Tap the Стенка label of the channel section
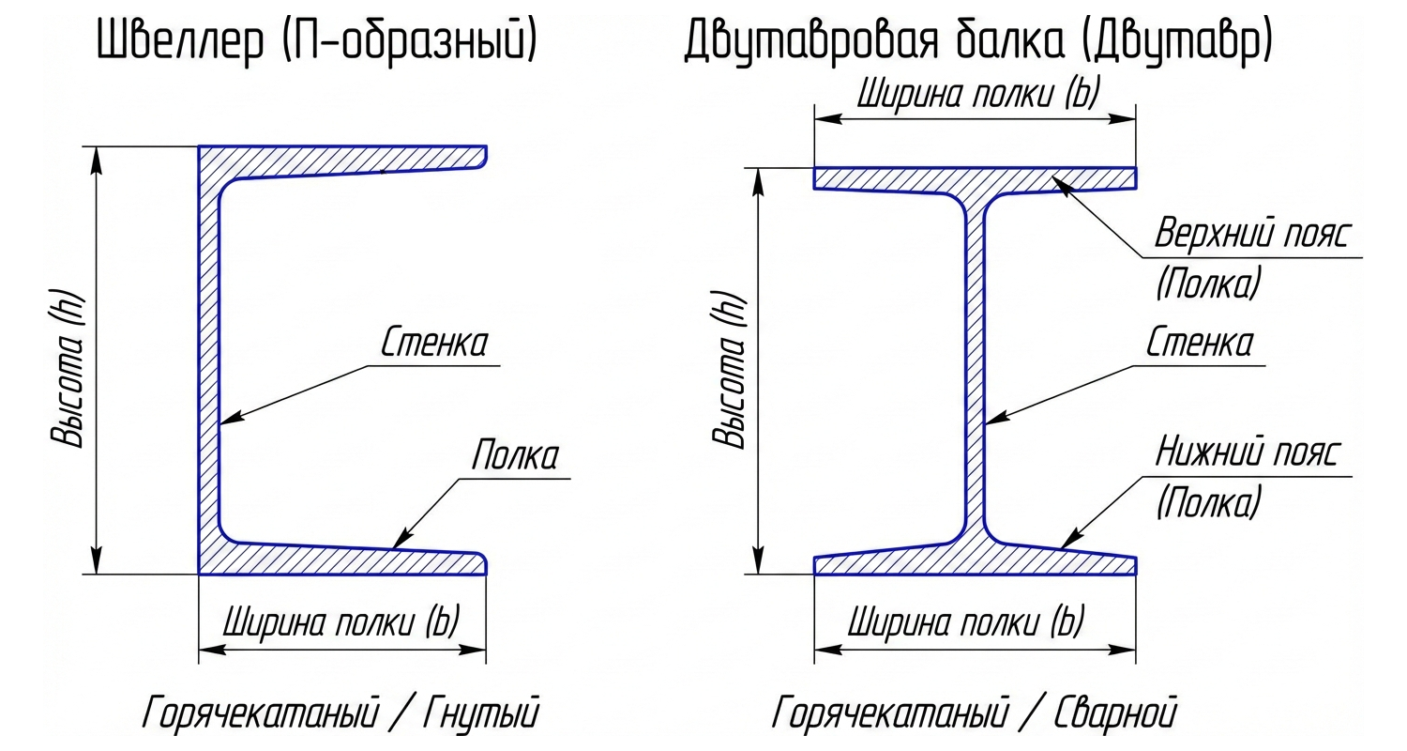tap(433, 344)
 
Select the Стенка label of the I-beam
tap(1199, 344)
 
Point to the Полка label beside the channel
tap(514, 456)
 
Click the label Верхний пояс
tap(1250, 235)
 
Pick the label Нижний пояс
tap(1248, 453)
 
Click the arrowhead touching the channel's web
tap(230, 420)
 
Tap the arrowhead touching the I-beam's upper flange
tap(1064, 185)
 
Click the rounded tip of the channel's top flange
tap(482, 157)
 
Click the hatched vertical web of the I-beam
tap(976, 375)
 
